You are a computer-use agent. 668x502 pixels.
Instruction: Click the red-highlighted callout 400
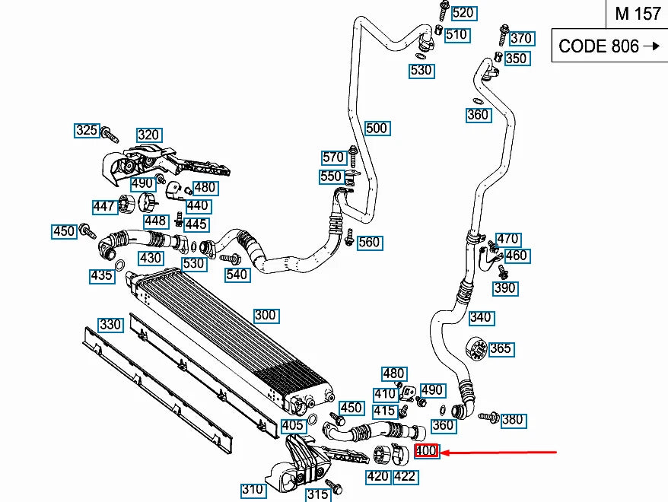tap(426, 451)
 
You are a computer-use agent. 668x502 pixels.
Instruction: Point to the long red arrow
tap(502, 453)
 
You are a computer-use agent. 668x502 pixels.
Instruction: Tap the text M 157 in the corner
tap(638, 14)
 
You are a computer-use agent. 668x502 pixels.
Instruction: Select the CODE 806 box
tap(609, 46)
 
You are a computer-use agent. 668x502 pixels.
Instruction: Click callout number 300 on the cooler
tap(266, 315)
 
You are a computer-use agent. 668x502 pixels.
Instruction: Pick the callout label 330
tap(110, 325)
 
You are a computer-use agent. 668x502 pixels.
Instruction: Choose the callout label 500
tap(377, 128)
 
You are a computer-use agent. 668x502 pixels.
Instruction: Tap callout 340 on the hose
tap(480, 317)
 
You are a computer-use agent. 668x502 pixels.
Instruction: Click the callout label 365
tap(500, 349)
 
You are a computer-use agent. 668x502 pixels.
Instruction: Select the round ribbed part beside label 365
tap(476, 349)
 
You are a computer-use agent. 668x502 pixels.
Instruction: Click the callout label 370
tap(521, 38)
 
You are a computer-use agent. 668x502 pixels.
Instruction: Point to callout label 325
tap(87, 131)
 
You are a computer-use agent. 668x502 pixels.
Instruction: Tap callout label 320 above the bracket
tap(148, 135)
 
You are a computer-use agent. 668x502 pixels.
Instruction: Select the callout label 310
tap(253, 490)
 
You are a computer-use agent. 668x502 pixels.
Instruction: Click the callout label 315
tap(318, 494)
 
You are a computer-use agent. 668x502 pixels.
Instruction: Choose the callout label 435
tap(101, 276)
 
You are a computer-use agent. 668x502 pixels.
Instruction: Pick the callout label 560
tap(369, 243)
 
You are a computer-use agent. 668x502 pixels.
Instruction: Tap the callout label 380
tap(513, 419)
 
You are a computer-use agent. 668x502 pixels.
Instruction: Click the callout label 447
tap(104, 206)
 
